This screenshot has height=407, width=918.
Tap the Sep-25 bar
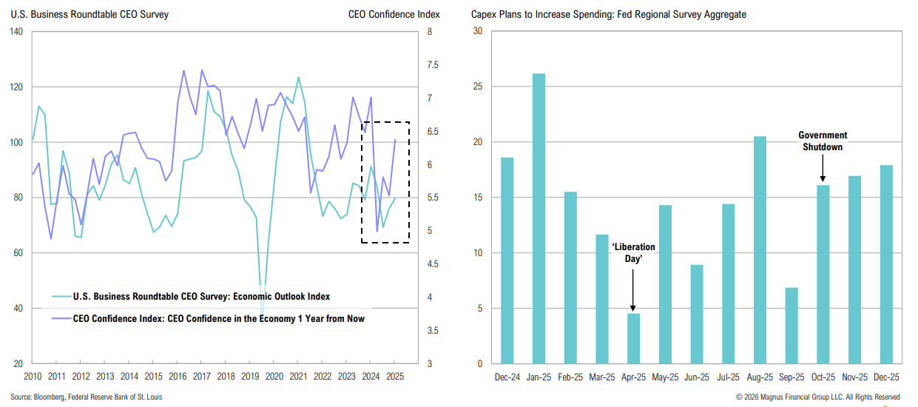(x=792, y=326)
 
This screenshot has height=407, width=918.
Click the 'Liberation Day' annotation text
(x=633, y=252)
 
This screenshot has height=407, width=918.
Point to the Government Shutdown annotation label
(x=823, y=141)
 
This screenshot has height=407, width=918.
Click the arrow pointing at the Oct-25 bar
(x=823, y=169)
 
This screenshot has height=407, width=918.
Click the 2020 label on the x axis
(x=274, y=377)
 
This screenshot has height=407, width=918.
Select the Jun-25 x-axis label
(x=696, y=377)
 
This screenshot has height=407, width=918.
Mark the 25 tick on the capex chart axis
(x=477, y=87)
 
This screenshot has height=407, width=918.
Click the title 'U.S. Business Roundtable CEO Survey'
(x=90, y=14)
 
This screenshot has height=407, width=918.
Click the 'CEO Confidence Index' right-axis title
(x=394, y=14)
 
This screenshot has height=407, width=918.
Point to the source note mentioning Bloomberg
(x=86, y=397)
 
